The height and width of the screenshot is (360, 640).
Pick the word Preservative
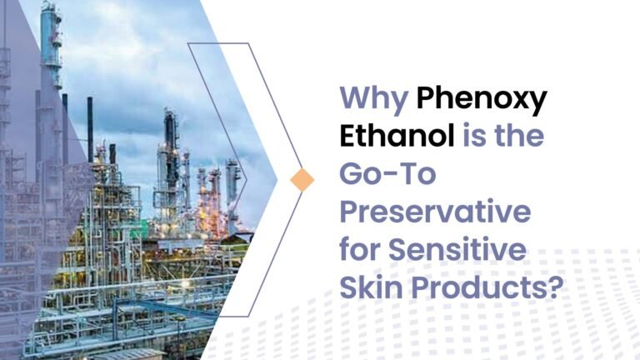434,212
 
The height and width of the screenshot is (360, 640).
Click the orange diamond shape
302,179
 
